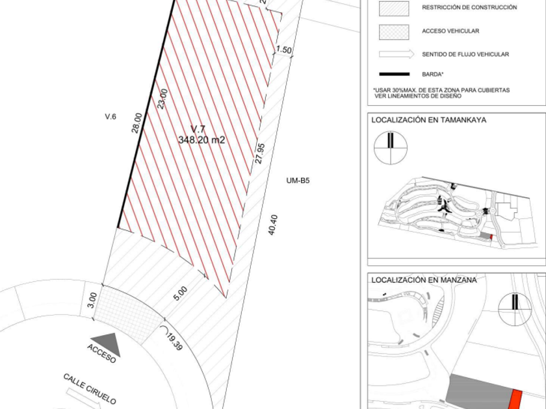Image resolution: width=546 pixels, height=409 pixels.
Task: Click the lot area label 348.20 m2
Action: click(x=201, y=140)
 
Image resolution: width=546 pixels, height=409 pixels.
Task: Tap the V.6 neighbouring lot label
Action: click(x=110, y=116)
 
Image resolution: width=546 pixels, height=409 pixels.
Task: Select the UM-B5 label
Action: click(x=298, y=180)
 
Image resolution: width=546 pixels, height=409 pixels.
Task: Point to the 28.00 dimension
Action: click(x=137, y=123)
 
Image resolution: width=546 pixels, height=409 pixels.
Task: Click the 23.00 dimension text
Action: click(x=162, y=99)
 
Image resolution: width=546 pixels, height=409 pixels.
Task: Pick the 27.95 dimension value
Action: click(x=260, y=153)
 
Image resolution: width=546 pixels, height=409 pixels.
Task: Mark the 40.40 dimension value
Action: click(x=273, y=225)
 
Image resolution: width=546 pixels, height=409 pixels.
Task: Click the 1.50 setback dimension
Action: click(x=284, y=49)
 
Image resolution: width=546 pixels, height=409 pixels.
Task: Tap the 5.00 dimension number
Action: click(x=181, y=293)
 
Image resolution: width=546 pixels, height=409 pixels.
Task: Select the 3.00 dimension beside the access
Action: click(x=92, y=300)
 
